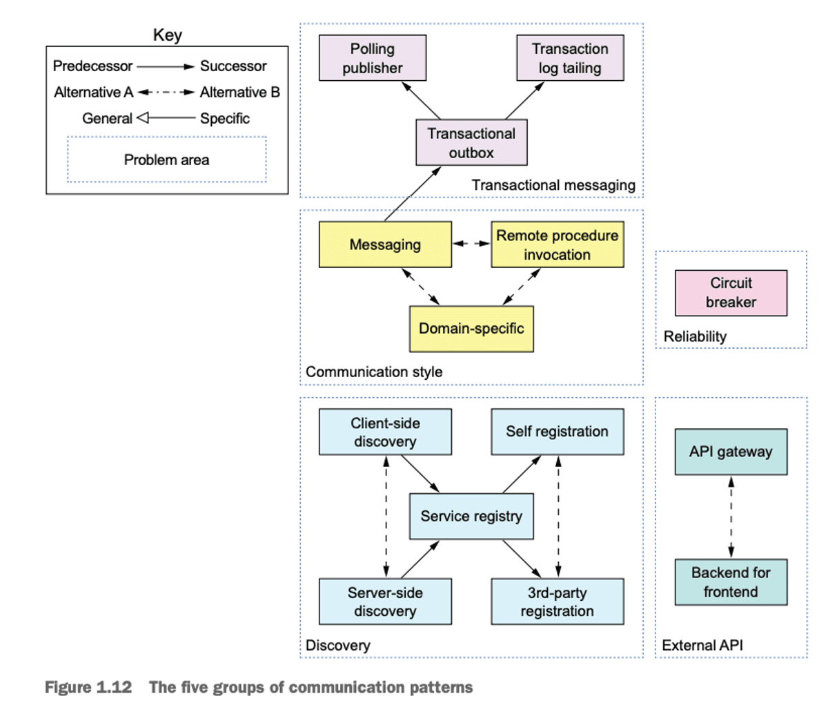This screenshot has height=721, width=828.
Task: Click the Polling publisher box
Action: (x=373, y=58)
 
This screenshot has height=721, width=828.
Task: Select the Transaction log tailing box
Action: (x=570, y=58)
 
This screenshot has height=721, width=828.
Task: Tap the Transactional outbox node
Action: (x=471, y=143)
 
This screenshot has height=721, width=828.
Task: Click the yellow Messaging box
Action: (x=385, y=244)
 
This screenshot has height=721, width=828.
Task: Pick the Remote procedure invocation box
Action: (x=557, y=244)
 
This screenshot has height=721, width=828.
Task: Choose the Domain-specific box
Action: (x=471, y=329)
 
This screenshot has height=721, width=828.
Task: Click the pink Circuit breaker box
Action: (x=731, y=293)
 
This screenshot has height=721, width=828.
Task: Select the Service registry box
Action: (x=471, y=516)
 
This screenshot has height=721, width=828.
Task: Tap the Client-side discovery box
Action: (x=385, y=432)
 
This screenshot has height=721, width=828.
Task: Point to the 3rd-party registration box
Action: (x=557, y=602)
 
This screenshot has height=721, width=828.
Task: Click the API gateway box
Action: (x=731, y=452)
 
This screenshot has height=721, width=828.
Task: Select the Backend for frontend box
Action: (x=731, y=582)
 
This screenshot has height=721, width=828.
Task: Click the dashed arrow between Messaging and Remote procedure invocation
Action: (x=471, y=244)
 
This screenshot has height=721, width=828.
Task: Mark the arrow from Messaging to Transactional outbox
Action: (x=413, y=194)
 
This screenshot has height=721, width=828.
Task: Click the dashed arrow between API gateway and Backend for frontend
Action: (x=731, y=517)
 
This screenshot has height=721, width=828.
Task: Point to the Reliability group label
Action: (x=695, y=336)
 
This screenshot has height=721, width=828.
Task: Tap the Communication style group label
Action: (x=374, y=372)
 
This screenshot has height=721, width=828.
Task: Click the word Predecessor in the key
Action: (x=92, y=66)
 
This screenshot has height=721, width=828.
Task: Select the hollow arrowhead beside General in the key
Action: (x=143, y=118)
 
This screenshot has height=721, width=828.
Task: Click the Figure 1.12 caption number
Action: (x=88, y=687)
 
